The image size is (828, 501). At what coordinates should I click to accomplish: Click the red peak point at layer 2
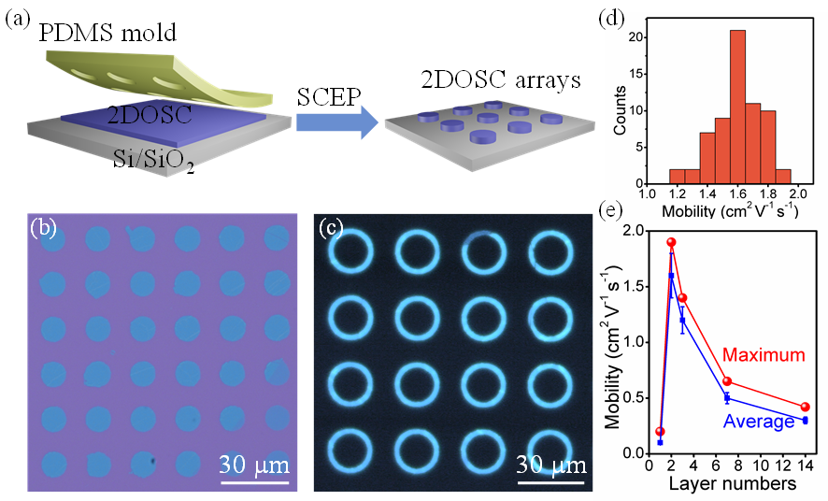point(671,242)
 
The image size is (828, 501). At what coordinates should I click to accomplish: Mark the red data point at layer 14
point(805,407)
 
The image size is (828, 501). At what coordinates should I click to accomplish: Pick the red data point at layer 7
point(726,381)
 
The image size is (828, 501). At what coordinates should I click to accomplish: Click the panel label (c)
point(332,228)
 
